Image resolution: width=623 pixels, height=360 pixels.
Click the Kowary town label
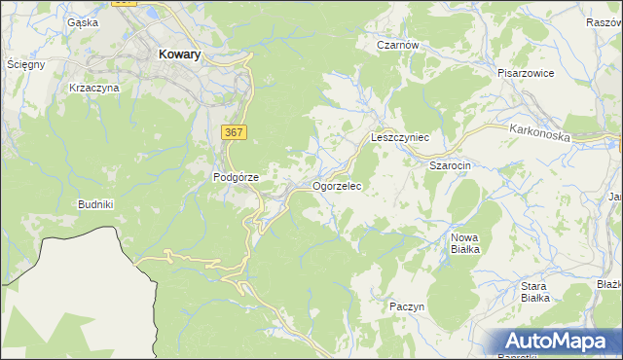(x=178, y=55)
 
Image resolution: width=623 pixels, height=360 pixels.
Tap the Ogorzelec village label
(x=338, y=185)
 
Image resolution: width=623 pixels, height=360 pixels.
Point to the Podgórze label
(x=236, y=177)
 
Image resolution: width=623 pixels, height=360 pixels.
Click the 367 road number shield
(x=233, y=131)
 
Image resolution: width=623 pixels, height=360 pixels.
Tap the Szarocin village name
(x=451, y=165)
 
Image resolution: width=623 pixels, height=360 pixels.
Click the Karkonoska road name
(x=538, y=131)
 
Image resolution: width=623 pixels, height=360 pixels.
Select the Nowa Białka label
(x=465, y=243)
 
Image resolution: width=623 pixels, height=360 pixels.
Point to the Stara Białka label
(x=534, y=292)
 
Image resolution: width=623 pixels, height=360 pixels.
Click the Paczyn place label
(x=407, y=306)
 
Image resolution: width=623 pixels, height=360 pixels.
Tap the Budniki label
(x=97, y=204)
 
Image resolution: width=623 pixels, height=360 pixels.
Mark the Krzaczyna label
(x=94, y=88)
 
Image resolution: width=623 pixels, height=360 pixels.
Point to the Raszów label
(x=605, y=21)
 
